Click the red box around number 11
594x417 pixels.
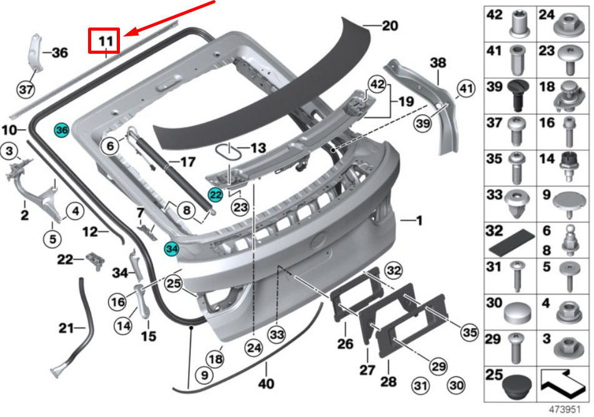[104, 40]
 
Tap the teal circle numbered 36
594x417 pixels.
[62, 131]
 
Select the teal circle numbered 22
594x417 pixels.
[215, 195]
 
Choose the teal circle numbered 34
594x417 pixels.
[172, 249]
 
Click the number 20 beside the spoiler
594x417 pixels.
[390, 26]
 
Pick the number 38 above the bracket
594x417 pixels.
[438, 63]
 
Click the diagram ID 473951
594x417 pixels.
[565, 409]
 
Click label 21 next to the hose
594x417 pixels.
[66, 328]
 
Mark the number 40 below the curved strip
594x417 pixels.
[266, 384]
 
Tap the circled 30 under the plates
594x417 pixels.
[456, 385]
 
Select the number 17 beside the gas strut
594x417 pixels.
[187, 163]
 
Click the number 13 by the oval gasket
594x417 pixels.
[259, 148]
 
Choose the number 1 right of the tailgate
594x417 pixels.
[419, 220]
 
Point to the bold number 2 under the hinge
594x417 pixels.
[24, 215]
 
